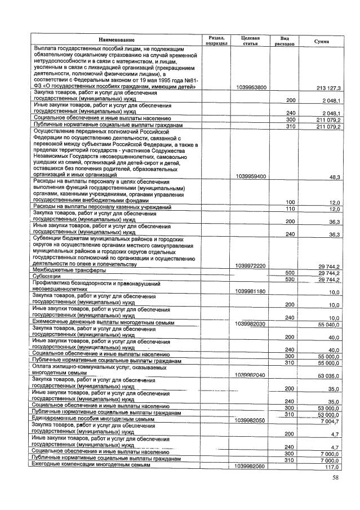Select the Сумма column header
pos(322,41)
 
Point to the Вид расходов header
pos(285,39)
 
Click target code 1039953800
pos(252,87)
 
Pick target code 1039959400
pos(252,176)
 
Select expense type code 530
pos(291,279)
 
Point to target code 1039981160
pos(252,291)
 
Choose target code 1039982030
pos(252,325)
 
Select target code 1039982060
pos(252,467)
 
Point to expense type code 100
pos(291,202)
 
